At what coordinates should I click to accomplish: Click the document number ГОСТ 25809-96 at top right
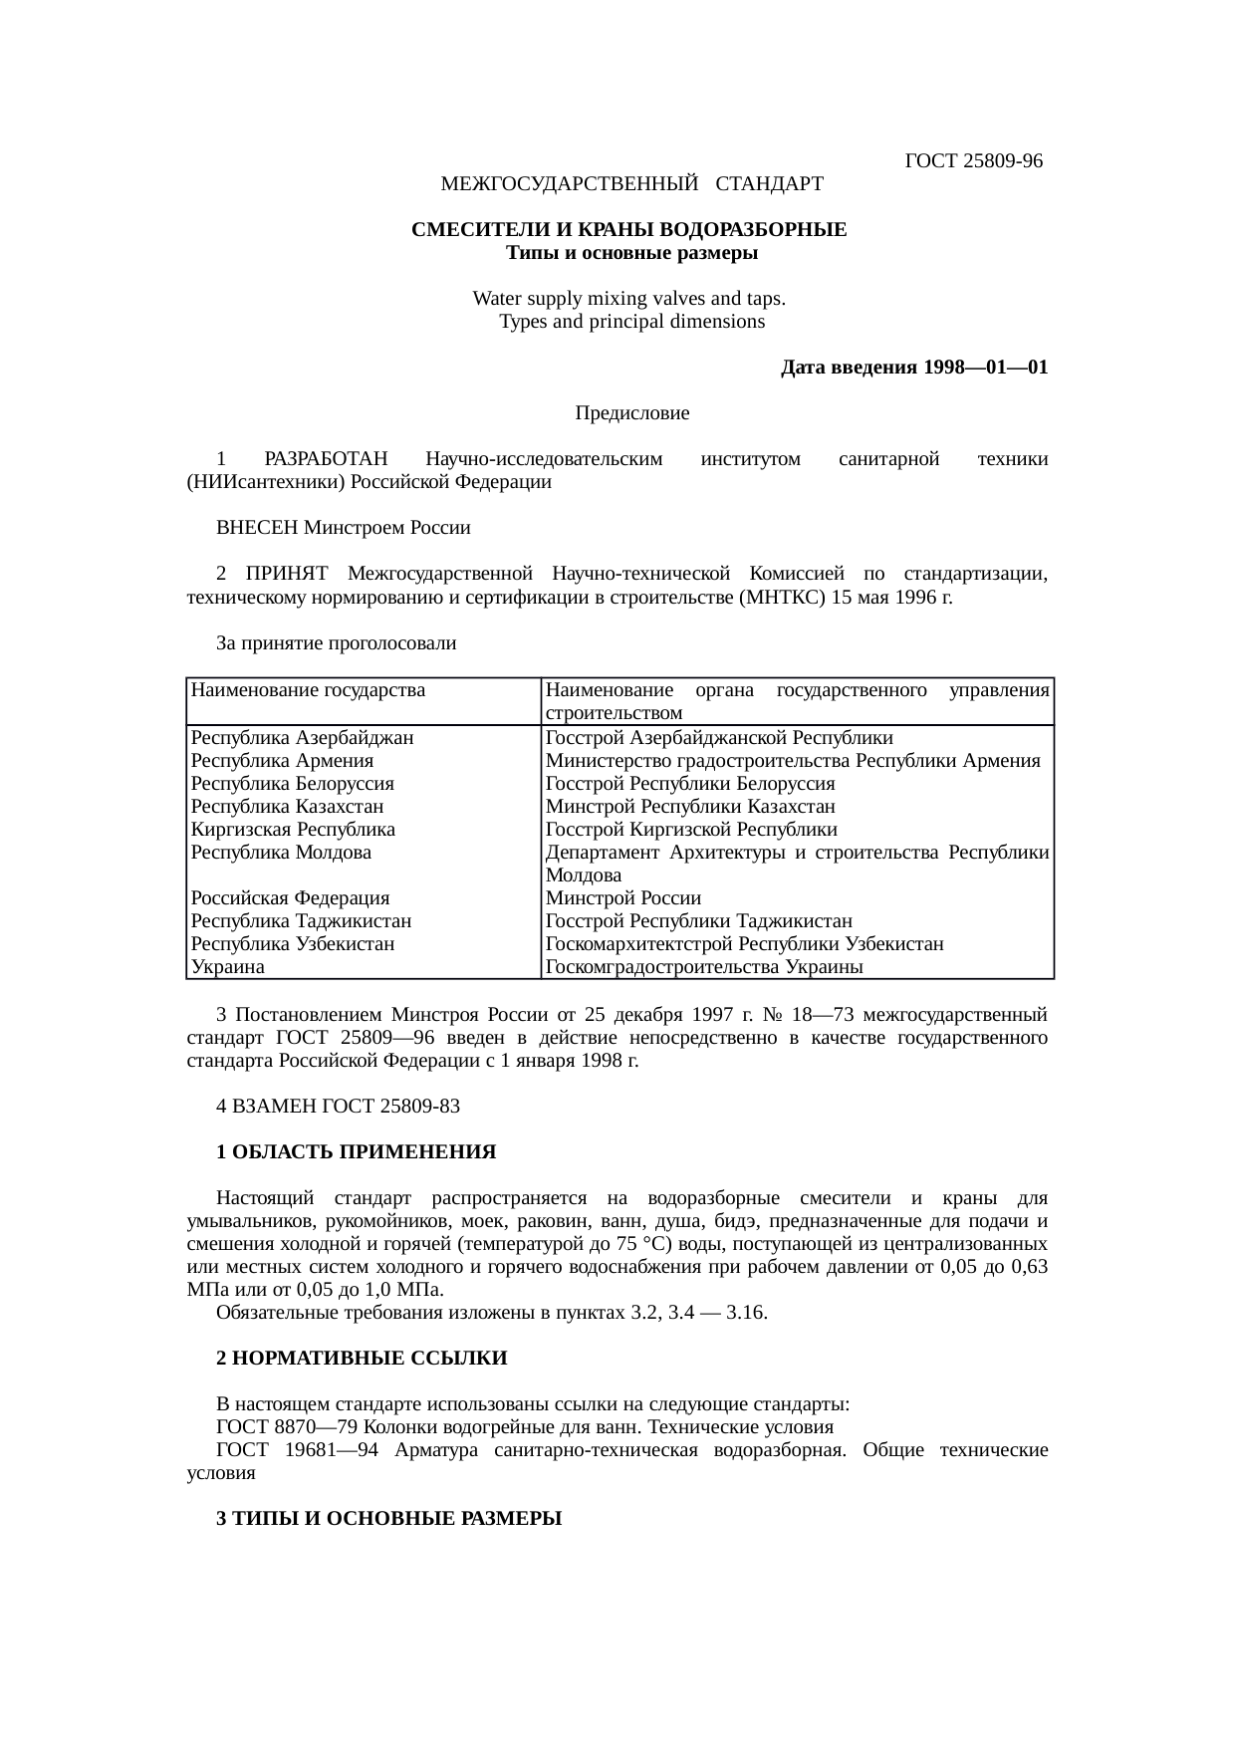tap(973, 161)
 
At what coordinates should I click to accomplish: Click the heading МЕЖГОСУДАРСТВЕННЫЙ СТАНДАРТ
tap(631, 184)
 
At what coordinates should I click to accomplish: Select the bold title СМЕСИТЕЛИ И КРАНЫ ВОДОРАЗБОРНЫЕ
tap(629, 230)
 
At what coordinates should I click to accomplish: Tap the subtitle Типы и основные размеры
tap(631, 253)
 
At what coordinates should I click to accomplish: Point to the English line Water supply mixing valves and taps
tap(629, 299)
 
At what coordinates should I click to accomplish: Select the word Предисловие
tap(631, 412)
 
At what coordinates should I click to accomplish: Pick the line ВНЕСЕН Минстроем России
tap(343, 528)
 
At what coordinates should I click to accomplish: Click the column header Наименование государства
tap(308, 690)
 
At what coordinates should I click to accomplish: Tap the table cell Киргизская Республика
tap(293, 829)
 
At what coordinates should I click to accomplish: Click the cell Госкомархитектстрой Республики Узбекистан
tap(744, 943)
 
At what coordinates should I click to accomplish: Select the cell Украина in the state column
tap(228, 966)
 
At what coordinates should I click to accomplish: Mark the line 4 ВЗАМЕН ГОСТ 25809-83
tap(338, 1107)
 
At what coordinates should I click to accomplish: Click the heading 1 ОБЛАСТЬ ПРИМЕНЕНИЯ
tap(356, 1152)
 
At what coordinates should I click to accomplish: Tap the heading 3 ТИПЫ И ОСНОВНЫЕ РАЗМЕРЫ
tap(388, 1519)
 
